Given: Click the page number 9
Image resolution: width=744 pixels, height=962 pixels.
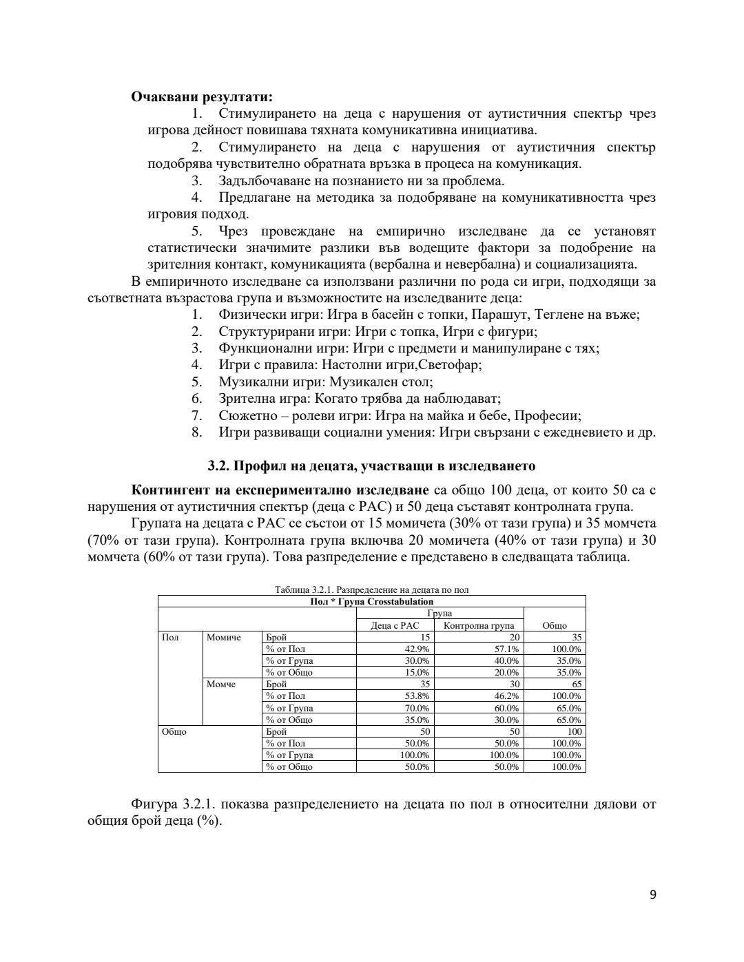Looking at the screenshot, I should [652, 895].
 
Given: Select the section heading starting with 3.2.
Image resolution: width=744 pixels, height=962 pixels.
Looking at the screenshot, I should [371, 466].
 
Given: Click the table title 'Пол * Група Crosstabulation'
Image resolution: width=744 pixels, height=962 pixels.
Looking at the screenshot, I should [371, 601].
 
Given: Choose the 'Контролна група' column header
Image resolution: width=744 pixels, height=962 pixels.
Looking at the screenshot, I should [479, 625].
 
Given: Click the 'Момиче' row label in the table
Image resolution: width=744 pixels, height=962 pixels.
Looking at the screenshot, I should [224, 638].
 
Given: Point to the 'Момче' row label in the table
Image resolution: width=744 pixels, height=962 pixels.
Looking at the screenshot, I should [221, 684].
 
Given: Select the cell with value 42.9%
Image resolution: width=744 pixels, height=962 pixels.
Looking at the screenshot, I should [417, 649].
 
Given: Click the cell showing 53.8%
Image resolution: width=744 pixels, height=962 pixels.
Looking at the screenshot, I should [417, 696].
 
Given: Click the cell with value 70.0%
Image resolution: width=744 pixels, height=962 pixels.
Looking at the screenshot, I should [417, 708].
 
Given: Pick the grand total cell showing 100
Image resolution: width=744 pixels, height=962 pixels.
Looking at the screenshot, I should [574, 731].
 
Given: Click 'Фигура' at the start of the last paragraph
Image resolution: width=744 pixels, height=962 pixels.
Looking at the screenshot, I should [154, 804].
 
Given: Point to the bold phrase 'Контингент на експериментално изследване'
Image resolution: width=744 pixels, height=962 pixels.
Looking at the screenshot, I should [280, 490].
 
